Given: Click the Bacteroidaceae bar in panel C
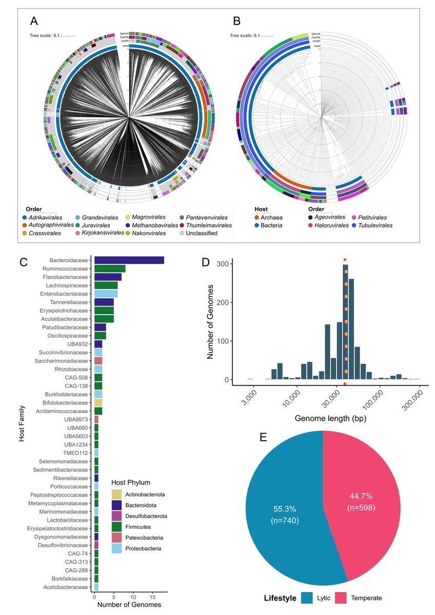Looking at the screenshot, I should (129, 260).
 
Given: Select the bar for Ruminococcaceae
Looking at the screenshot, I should (110, 269).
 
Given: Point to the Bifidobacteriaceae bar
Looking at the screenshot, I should (98, 402).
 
